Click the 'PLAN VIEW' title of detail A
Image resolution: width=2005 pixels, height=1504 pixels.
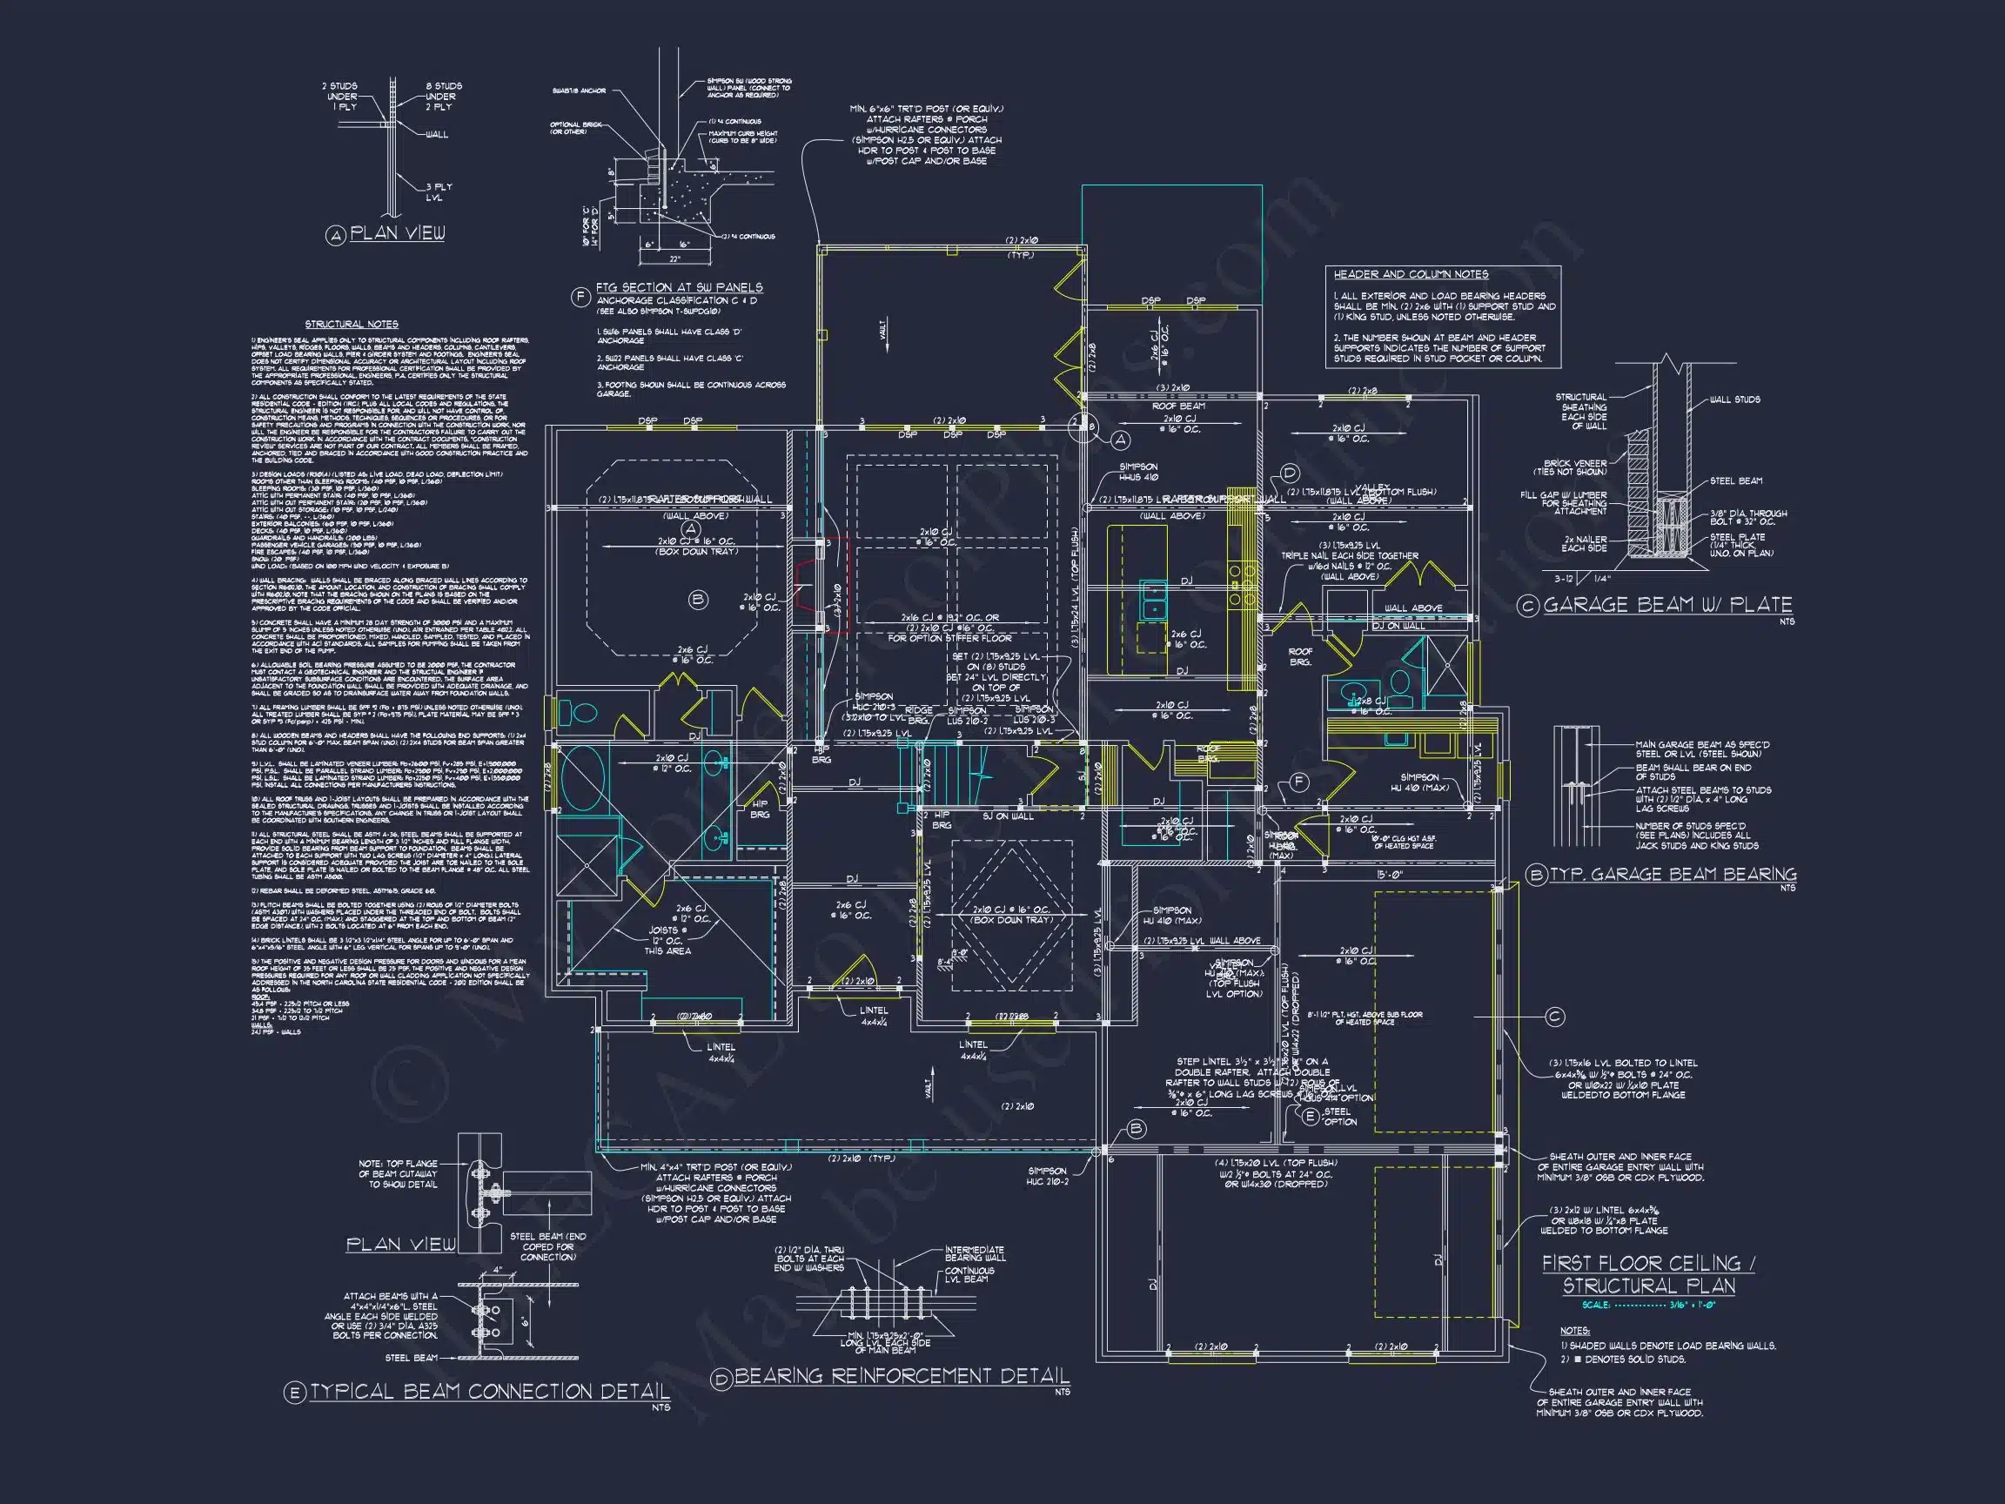[397, 233]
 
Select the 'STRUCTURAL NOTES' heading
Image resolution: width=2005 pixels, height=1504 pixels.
[352, 324]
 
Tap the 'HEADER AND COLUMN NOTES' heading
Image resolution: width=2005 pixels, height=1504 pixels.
[1411, 274]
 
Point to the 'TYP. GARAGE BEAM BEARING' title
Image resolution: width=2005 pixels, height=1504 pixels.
[1673, 874]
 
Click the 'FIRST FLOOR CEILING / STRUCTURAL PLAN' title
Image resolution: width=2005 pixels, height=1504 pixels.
[1649, 1273]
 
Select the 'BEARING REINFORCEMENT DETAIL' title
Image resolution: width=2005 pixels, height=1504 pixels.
[901, 1376]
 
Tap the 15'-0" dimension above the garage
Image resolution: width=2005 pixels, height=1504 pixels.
[1390, 875]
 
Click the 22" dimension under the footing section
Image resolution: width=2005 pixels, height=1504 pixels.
[674, 259]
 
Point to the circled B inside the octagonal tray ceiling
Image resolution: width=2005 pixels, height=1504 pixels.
[698, 599]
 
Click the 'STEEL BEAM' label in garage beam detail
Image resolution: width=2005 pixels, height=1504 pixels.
[1736, 480]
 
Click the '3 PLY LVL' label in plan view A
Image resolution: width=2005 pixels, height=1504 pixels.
[439, 191]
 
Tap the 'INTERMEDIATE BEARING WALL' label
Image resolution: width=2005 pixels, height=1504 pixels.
[975, 1254]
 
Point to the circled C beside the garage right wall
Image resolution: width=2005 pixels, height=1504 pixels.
[1553, 1017]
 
